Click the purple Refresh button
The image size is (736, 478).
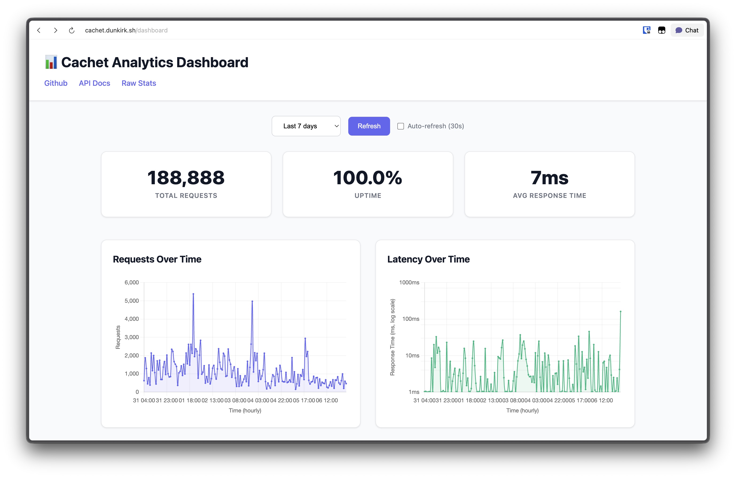tap(369, 126)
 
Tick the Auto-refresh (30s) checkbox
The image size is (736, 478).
tap(400, 126)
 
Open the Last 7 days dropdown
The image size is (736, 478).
tap(306, 126)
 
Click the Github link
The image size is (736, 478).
tap(56, 83)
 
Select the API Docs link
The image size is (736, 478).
tap(94, 83)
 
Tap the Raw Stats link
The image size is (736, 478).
tap(139, 83)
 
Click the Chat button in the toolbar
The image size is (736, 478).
tap(687, 30)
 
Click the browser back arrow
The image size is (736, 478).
tap(39, 30)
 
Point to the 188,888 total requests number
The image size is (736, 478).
tap(186, 178)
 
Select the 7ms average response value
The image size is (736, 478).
tap(549, 178)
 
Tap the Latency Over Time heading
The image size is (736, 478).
tap(428, 259)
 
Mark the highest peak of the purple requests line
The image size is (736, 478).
tap(193, 294)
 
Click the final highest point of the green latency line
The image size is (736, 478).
tap(620, 312)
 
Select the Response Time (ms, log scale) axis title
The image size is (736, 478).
tap(392, 337)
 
